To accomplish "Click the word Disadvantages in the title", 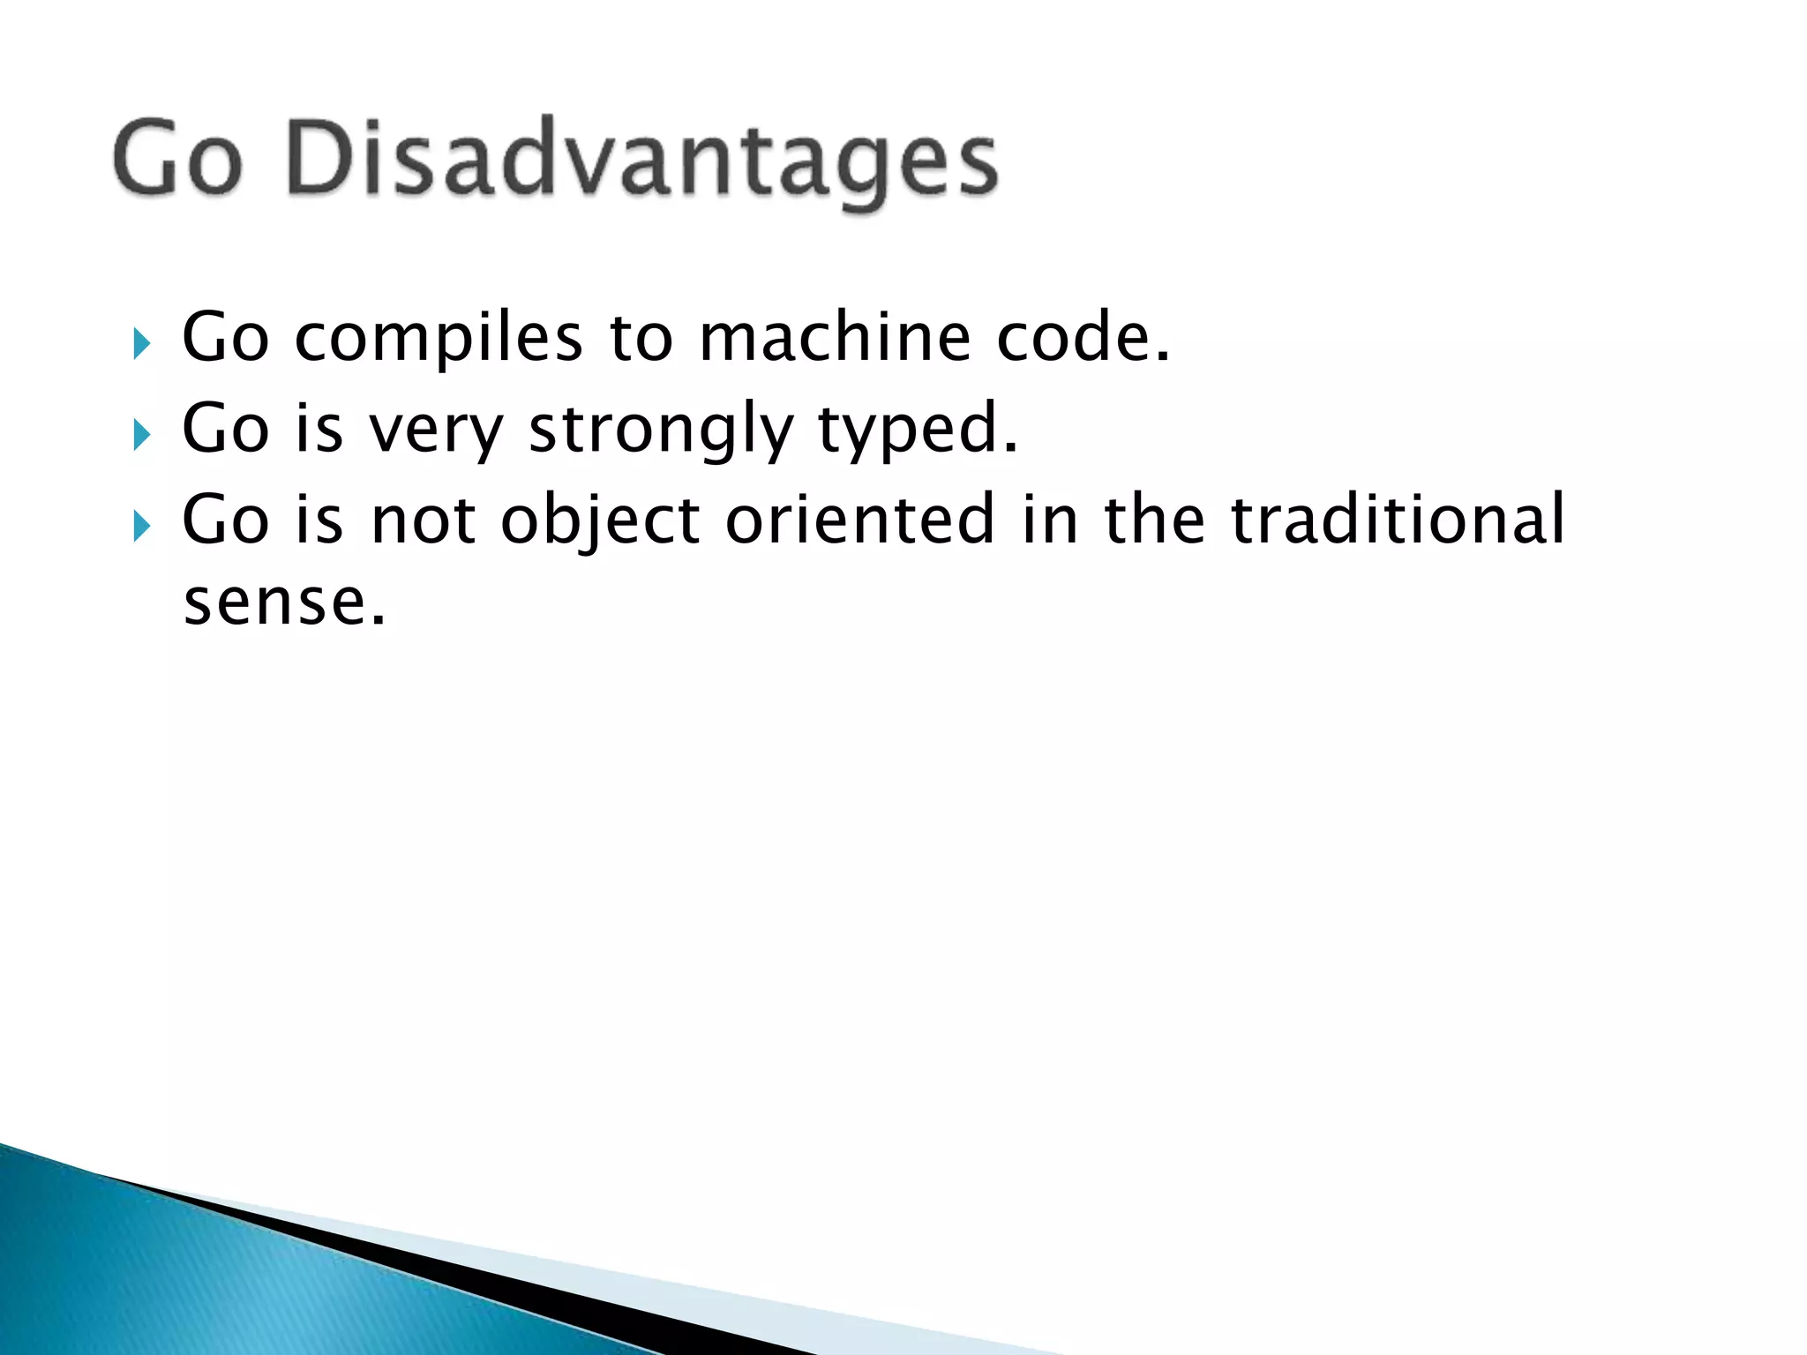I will pyautogui.click(x=642, y=159).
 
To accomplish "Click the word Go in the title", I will pyautogui.click(x=177, y=159).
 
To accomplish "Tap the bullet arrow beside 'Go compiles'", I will pyautogui.click(x=141, y=343).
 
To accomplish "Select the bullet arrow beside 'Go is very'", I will pyautogui.click(x=141, y=434).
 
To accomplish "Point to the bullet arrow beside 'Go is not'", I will pyautogui.click(x=141, y=527).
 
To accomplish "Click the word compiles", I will pyautogui.click(x=439, y=340).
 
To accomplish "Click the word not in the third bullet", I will pyautogui.click(x=423, y=520).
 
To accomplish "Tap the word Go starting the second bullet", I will pyautogui.click(x=225, y=430).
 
